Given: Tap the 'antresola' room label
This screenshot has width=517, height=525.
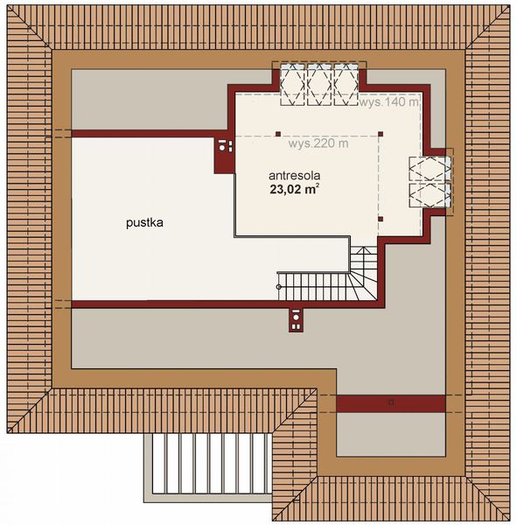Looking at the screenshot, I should (x=296, y=174).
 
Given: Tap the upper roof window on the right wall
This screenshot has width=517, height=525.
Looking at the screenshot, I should (x=432, y=169).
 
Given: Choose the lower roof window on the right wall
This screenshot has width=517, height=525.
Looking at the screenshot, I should (x=432, y=196).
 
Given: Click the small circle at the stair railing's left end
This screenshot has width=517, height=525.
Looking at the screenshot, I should (x=279, y=286).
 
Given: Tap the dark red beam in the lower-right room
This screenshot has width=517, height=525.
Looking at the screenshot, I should (x=390, y=402).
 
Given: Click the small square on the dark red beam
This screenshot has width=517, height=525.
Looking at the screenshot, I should (x=391, y=402).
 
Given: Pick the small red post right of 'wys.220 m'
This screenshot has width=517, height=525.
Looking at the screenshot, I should (x=381, y=135).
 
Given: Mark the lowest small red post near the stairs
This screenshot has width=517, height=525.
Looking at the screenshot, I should (x=381, y=218).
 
